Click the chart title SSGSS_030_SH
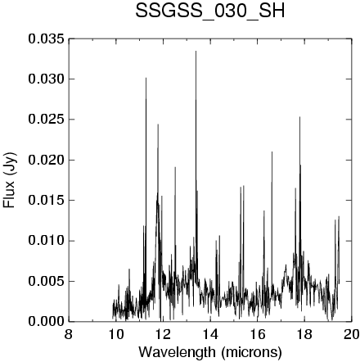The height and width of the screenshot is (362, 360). [x=210, y=11]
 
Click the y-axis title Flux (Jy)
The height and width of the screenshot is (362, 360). [x=9, y=180]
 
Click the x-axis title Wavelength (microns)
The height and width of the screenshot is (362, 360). [x=210, y=352]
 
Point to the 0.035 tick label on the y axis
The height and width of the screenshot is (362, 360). [x=47, y=39]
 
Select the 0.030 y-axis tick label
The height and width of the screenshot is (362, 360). [x=47, y=79]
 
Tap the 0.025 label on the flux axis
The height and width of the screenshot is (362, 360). [x=47, y=120]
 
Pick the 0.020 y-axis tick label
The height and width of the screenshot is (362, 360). [x=47, y=160]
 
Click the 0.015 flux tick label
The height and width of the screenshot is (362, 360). [x=47, y=201]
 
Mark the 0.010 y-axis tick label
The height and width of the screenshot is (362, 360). [x=47, y=241]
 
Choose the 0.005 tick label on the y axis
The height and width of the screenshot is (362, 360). [x=47, y=281]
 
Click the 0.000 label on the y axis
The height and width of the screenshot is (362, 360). [x=47, y=322]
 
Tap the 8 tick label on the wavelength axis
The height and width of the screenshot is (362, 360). [x=69, y=334]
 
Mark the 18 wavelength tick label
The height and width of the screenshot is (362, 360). [x=304, y=334]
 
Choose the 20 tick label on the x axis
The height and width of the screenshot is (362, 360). [x=352, y=334]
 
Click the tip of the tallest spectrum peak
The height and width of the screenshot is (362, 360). [x=196, y=51]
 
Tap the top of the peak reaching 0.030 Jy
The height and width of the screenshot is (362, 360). [x=146, y=78]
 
